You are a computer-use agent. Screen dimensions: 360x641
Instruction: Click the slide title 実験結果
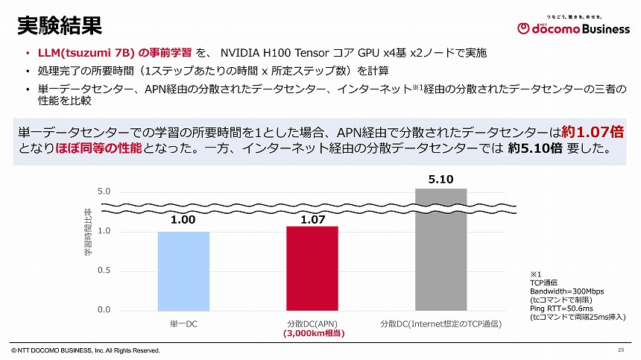(x=59, y=25)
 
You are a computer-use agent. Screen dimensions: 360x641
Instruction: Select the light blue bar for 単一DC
(x=183, y=271)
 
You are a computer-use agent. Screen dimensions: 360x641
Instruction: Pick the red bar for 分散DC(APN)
(x=312, y=268)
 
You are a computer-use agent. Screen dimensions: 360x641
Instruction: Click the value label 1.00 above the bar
(x=183, y=221)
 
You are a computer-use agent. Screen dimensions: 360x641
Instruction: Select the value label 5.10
(x=441, y=179)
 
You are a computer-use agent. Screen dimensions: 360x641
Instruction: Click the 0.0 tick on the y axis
(x=104, y=310)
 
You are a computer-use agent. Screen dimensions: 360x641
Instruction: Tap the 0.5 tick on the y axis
(x=104, y=271)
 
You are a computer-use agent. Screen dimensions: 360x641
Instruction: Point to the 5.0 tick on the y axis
(x=104, y=192)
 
